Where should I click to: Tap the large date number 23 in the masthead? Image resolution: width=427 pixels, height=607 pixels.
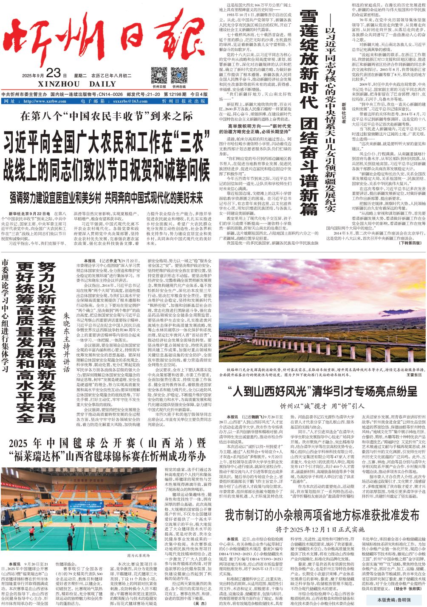pyautogui.click(x=54, y=73)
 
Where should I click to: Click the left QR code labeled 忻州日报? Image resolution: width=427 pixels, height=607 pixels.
pyautogui.click(x=159, y=76)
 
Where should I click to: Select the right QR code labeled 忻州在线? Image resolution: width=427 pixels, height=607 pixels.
pyautogui.click(x=179, y=76)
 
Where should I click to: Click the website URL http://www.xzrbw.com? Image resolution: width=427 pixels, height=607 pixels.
pyautogui.click(x=45, y=101)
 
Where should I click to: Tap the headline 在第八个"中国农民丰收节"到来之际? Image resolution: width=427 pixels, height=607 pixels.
pyautogui.click(x=106, y=116)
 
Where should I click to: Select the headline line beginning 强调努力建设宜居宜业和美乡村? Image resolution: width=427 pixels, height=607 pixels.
pyautogui.click(x=106, y=198)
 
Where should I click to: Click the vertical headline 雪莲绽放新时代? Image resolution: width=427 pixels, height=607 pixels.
pyautogui.click(x=308, y=59)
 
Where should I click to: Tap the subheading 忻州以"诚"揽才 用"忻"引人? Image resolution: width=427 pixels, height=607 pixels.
pyautogui.click(x=322, y=406)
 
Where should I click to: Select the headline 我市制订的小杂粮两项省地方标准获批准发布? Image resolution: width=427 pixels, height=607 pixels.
pyautogui.click(x=322, y=515)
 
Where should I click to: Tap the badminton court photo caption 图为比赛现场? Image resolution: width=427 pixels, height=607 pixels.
pyautogui.click(x=138, y=555)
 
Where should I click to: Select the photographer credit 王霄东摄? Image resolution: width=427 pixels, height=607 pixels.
pyautogui.click(x=414, y=375)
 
